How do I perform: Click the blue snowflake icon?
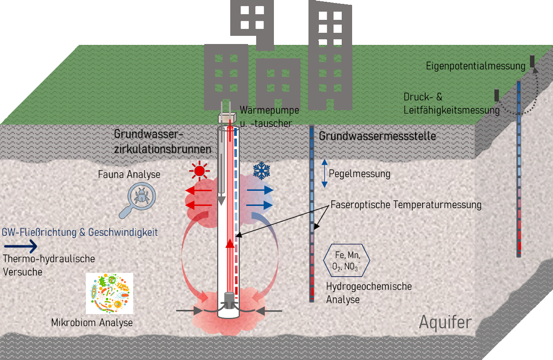point(261,171)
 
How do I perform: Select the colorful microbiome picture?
point(109,293)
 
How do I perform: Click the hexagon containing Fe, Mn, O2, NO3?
point(346,260)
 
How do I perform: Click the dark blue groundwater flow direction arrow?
point(20,246)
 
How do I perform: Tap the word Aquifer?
point(445,322)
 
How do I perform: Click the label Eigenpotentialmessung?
point(476,66)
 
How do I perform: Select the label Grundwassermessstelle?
point(377,136)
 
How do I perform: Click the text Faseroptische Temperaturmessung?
point(406,205)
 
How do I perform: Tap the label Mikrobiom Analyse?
point(92,323)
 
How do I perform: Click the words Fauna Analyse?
point(129,175)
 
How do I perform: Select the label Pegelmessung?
point(359,174)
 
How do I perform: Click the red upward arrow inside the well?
point(229,243)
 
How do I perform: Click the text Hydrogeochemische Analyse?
point(369,293)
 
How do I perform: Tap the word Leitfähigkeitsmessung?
point(451,111)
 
